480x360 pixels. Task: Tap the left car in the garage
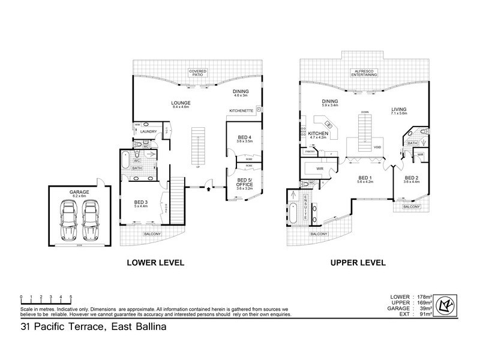(x=68, y=218)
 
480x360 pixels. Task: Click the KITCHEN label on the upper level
(x=318, y=133)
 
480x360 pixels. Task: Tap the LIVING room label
(x=399, y=109)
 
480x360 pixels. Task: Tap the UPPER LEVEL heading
(x=356, y=263)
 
